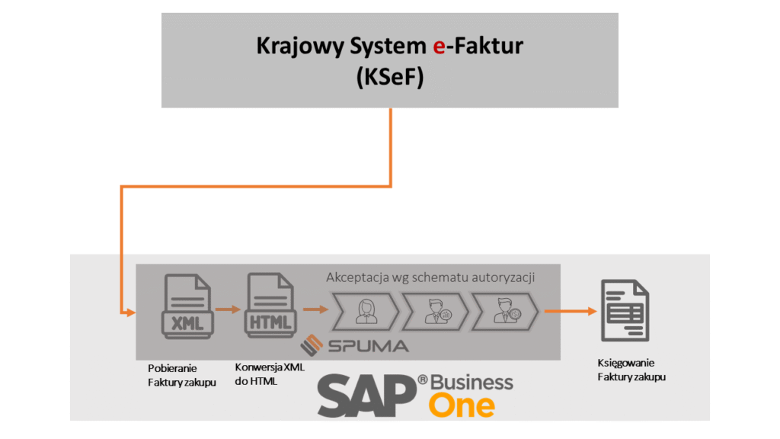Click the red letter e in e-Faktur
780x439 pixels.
(x=439, y=46)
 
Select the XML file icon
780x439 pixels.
(x=187, y=307)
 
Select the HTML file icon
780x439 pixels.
(x=269, y=307)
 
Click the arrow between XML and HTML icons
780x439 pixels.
(x=228, y=309)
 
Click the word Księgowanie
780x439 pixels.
(x=625, y=363)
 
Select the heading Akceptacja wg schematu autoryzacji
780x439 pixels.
(x=430, y=277)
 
